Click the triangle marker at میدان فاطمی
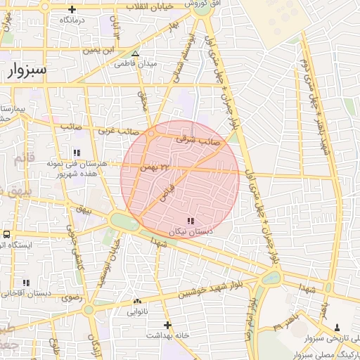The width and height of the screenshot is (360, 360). click(136, 53)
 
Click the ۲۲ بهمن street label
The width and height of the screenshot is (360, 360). click(155, 167)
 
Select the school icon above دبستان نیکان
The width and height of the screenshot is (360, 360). click(191, 221)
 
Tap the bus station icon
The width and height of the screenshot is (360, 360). click(6, 234)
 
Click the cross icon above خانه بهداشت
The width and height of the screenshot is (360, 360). click(167, 325)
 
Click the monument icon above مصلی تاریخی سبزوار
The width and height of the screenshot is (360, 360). click(337, 327)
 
